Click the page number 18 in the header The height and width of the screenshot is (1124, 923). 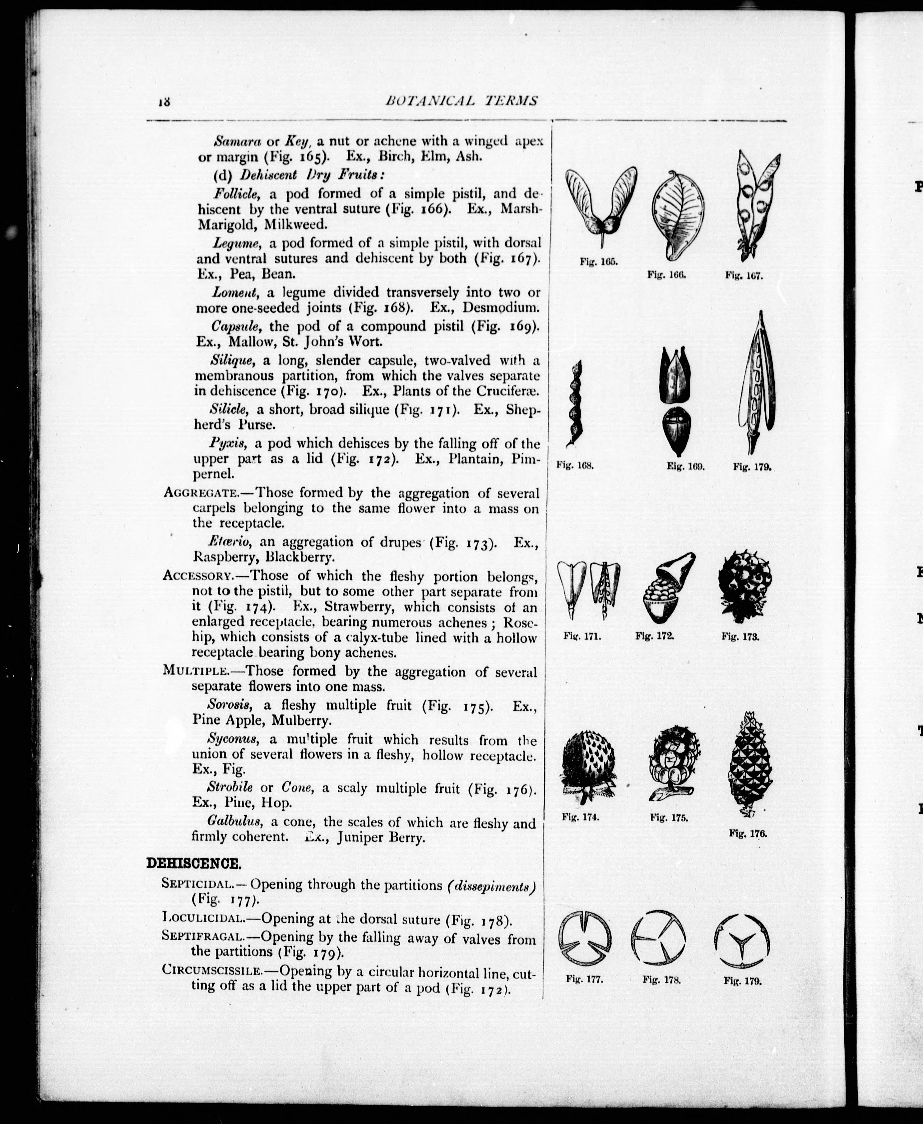click(x=163, y=102)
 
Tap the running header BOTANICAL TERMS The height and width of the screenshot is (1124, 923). click(x=461, y=100)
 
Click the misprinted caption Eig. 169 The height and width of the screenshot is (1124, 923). click(x=685, y=467)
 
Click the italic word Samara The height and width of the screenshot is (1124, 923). click(x=237, y=141)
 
